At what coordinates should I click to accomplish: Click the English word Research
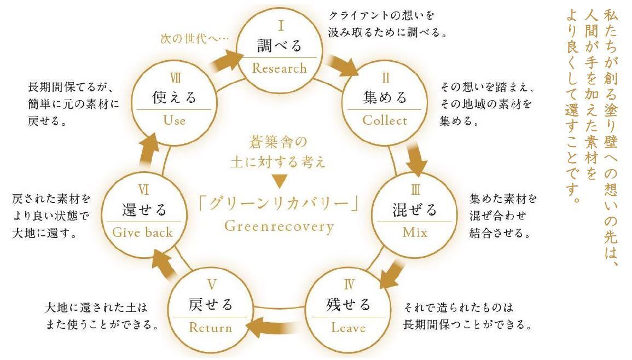tap(279, 68)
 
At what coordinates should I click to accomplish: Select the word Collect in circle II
tap(385, 120)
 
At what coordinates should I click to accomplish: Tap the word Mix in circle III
tap(414, 232)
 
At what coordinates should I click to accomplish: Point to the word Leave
tap(348, 328)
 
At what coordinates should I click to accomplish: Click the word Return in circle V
tap(211, 328)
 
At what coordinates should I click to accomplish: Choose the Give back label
tap(142, 232)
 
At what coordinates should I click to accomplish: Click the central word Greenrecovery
tap(279, 227)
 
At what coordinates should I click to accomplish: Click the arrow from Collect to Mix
tap(417, 159)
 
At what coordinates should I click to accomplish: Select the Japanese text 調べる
tap(279, 45)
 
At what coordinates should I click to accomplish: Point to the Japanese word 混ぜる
tap(414, 210)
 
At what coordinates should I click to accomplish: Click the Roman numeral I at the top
tap(279, 25)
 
